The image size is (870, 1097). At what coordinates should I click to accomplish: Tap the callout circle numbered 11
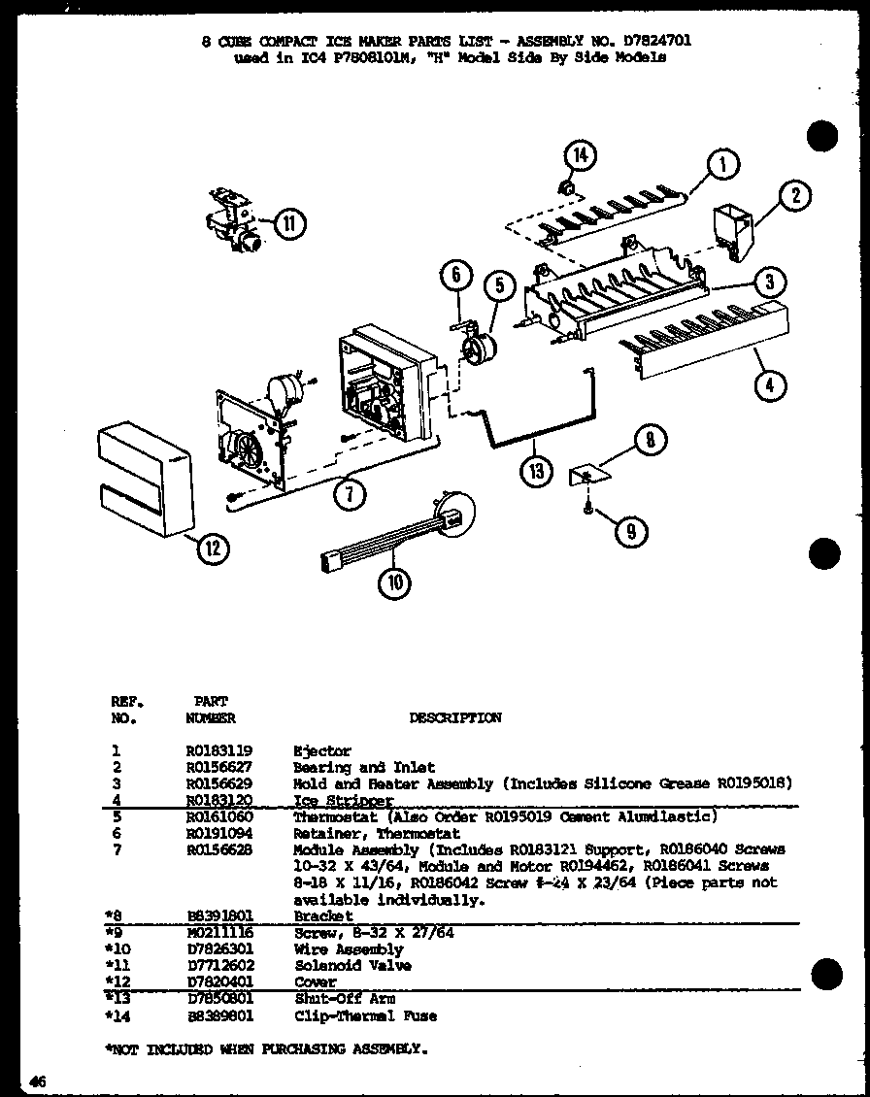(288, 224)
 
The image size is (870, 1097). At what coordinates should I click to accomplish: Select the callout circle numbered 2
(795, 196)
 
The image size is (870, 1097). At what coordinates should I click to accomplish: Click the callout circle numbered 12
(213, 548)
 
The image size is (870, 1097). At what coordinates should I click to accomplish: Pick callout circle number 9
(631, 530)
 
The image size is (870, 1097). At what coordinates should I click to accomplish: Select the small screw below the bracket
(587, 505)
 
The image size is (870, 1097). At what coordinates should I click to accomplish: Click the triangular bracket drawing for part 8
(587, 474)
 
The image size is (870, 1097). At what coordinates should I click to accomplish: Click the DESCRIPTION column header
(455, 718)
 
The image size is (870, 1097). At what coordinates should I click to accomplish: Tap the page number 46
(38, 1081)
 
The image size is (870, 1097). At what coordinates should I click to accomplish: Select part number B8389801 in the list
(213, 1016)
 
